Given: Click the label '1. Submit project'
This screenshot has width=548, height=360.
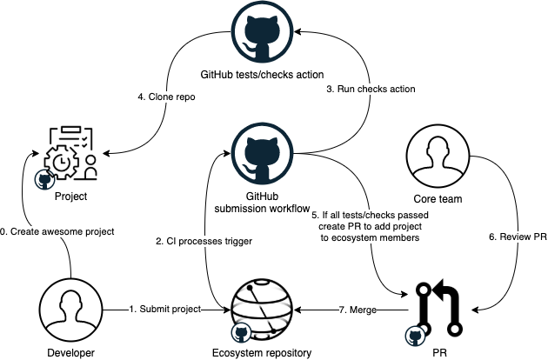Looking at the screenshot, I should pos(164,309).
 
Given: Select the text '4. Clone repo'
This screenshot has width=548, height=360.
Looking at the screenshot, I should pos(166,97).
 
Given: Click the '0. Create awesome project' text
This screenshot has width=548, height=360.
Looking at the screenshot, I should pos(57,232).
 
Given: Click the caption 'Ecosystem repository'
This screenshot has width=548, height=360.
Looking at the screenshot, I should pos(262,352).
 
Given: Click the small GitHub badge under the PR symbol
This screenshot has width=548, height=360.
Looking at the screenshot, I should pos(416,333).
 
